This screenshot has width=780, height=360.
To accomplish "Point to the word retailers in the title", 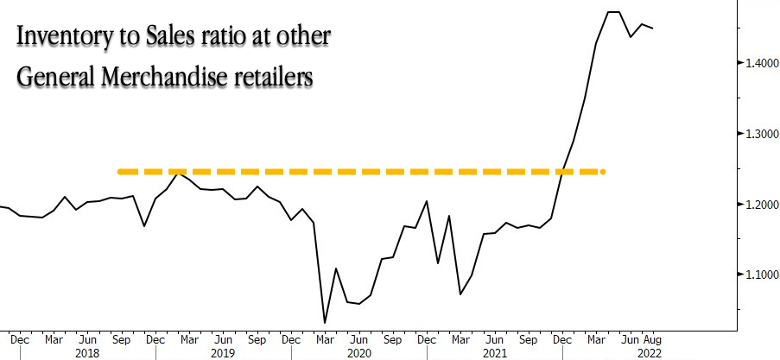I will click(276, 76).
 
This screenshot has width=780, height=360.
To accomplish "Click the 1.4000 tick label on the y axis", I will click(757, 63).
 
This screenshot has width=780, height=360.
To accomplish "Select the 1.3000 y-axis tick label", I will click(757, 134).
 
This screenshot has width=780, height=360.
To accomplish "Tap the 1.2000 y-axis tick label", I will click(757, 205).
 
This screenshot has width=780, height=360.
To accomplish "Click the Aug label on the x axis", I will click(652, 339).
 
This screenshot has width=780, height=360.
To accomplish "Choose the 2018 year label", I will click(87, 353).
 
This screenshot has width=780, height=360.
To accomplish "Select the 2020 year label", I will click(358, 353).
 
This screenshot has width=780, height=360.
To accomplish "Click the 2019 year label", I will click(223, 353).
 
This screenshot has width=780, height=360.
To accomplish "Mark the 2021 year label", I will click(493, 353).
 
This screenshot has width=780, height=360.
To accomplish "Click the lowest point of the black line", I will click(325, 323).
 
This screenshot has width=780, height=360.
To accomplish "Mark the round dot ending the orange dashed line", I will click(602, 172).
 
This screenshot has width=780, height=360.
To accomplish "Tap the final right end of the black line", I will click(652, 28).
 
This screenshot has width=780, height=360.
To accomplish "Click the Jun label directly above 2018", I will click(87, 339).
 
